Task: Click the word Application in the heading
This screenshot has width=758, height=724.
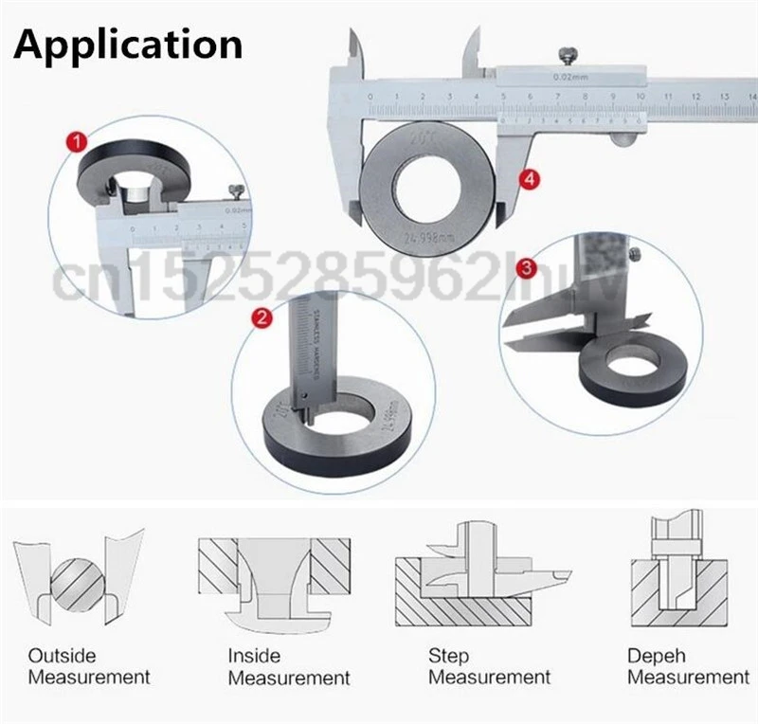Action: coord(127,45)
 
